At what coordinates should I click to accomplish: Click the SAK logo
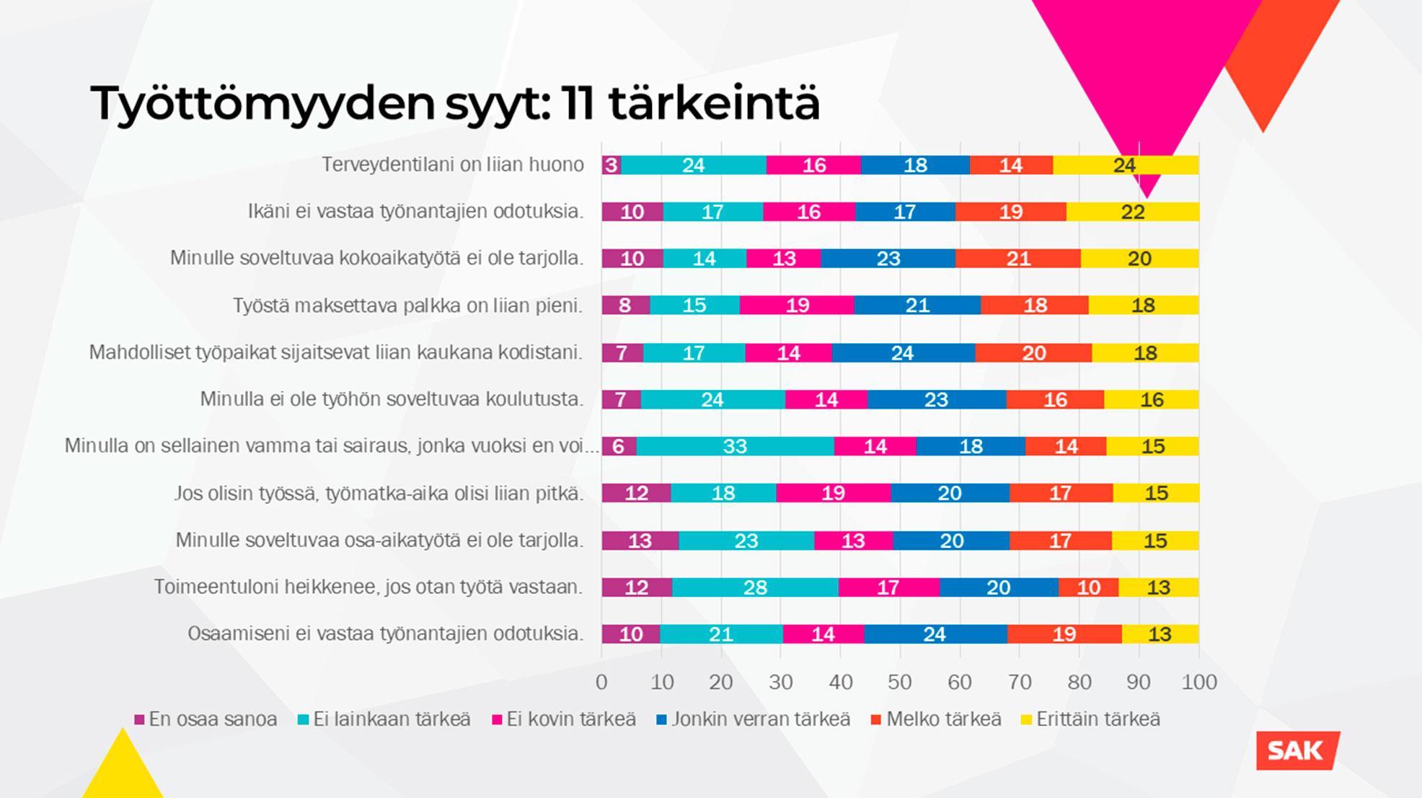coord(1297,750)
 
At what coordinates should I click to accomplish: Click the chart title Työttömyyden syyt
coord(454,103)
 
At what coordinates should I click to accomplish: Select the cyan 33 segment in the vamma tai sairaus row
coord(735,446)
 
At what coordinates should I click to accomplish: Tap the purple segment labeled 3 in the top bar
coord(611,165)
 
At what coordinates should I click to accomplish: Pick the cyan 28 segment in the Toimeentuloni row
coord(755,588)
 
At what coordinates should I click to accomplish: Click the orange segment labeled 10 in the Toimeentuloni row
coord(1088,588)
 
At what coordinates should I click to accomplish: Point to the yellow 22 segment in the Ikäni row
coord(1133,212)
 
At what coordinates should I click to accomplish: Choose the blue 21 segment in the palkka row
coord(917,306)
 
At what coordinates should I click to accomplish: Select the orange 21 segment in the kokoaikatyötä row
coord(1018,259)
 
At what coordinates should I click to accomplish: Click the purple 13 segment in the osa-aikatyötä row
coord(640,541)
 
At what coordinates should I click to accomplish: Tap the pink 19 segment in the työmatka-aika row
coord(833,493)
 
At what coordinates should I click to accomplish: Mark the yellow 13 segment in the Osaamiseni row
coord(1160,634)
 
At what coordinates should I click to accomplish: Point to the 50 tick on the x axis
coord(899,682)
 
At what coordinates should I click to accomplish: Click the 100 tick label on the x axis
coord(1198,682)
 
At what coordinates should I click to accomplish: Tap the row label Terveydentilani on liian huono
coord(452,165)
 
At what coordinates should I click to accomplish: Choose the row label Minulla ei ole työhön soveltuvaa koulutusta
coord(392,399)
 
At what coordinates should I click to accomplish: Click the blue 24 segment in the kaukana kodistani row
coord(903,353)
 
